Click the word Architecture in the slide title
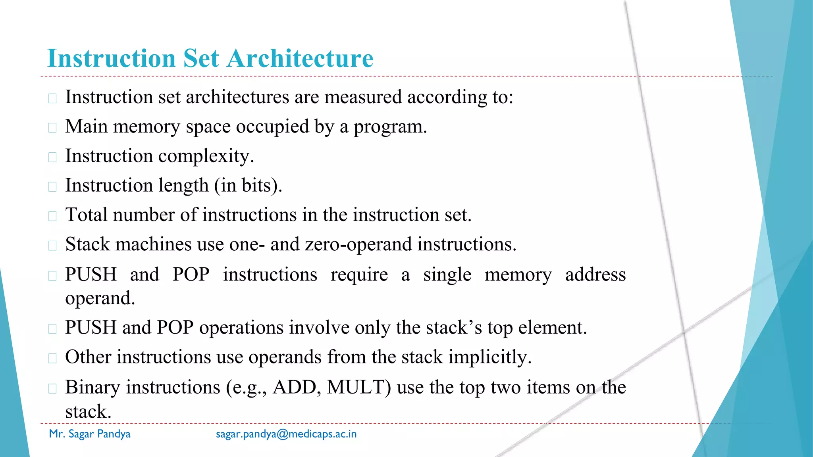click(x=300, y=59)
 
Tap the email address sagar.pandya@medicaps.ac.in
click(x=286, y=434)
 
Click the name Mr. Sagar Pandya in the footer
click(x=90, y=434)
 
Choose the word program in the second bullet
click(x=390, y=127)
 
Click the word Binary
click(x=92, y=388)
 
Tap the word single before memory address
click(x=447, y=275)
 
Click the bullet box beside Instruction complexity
click(x=52, y=157)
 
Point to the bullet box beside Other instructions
click(x=52, y=358)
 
